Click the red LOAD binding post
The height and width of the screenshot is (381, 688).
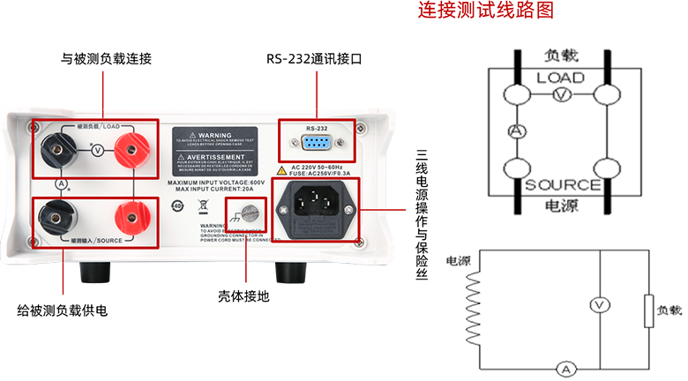[x=131, y=151]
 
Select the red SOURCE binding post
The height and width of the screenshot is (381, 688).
[x=131, y=213]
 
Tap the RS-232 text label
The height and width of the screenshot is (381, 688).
[x=316, y=129]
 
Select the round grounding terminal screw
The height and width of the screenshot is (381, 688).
[x=248, y=212]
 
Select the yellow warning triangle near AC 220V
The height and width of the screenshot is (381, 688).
[x=282, y=168]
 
